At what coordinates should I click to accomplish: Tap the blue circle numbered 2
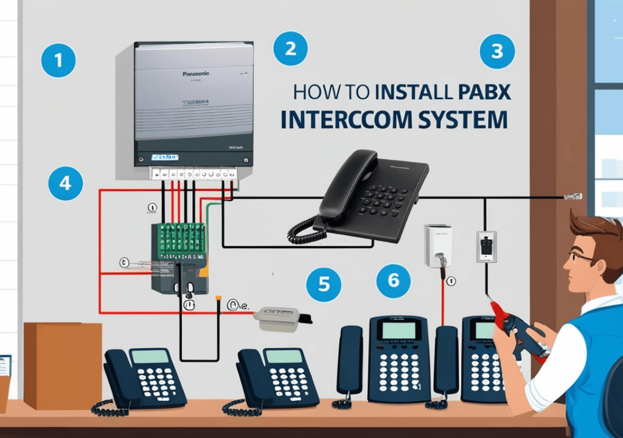pyautogui.click(x=290, y=48)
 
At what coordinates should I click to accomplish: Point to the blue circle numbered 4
pyautogui.click(x=64, y=183)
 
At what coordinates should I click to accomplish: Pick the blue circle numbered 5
pyautogui.click(x=324, y=283)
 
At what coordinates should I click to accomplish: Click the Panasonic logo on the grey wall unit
pyautogui.click(x=195, y=74)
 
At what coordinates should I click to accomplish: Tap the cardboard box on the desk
pyautogui.click(x=63, y=364)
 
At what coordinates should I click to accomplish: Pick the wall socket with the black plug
pyautogui.click(x=486, y=246)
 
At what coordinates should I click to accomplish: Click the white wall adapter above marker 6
pyautogui.click(x=438, y=244)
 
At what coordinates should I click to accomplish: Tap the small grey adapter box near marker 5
pyautogui.click(x=280, y=318)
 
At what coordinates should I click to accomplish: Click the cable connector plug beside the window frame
pyautogui.click(x=572, y=196)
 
